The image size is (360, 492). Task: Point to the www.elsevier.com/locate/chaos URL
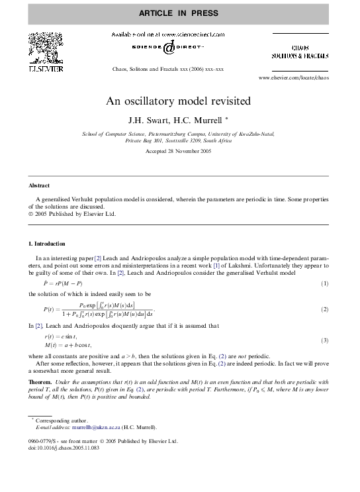(x=293, y=77)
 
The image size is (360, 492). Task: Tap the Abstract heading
(x=39, y=185)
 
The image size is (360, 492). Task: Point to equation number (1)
(x=324, y=283)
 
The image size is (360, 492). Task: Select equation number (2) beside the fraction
(x=324, y=309)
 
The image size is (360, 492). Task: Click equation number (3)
(x=324, y=340)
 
